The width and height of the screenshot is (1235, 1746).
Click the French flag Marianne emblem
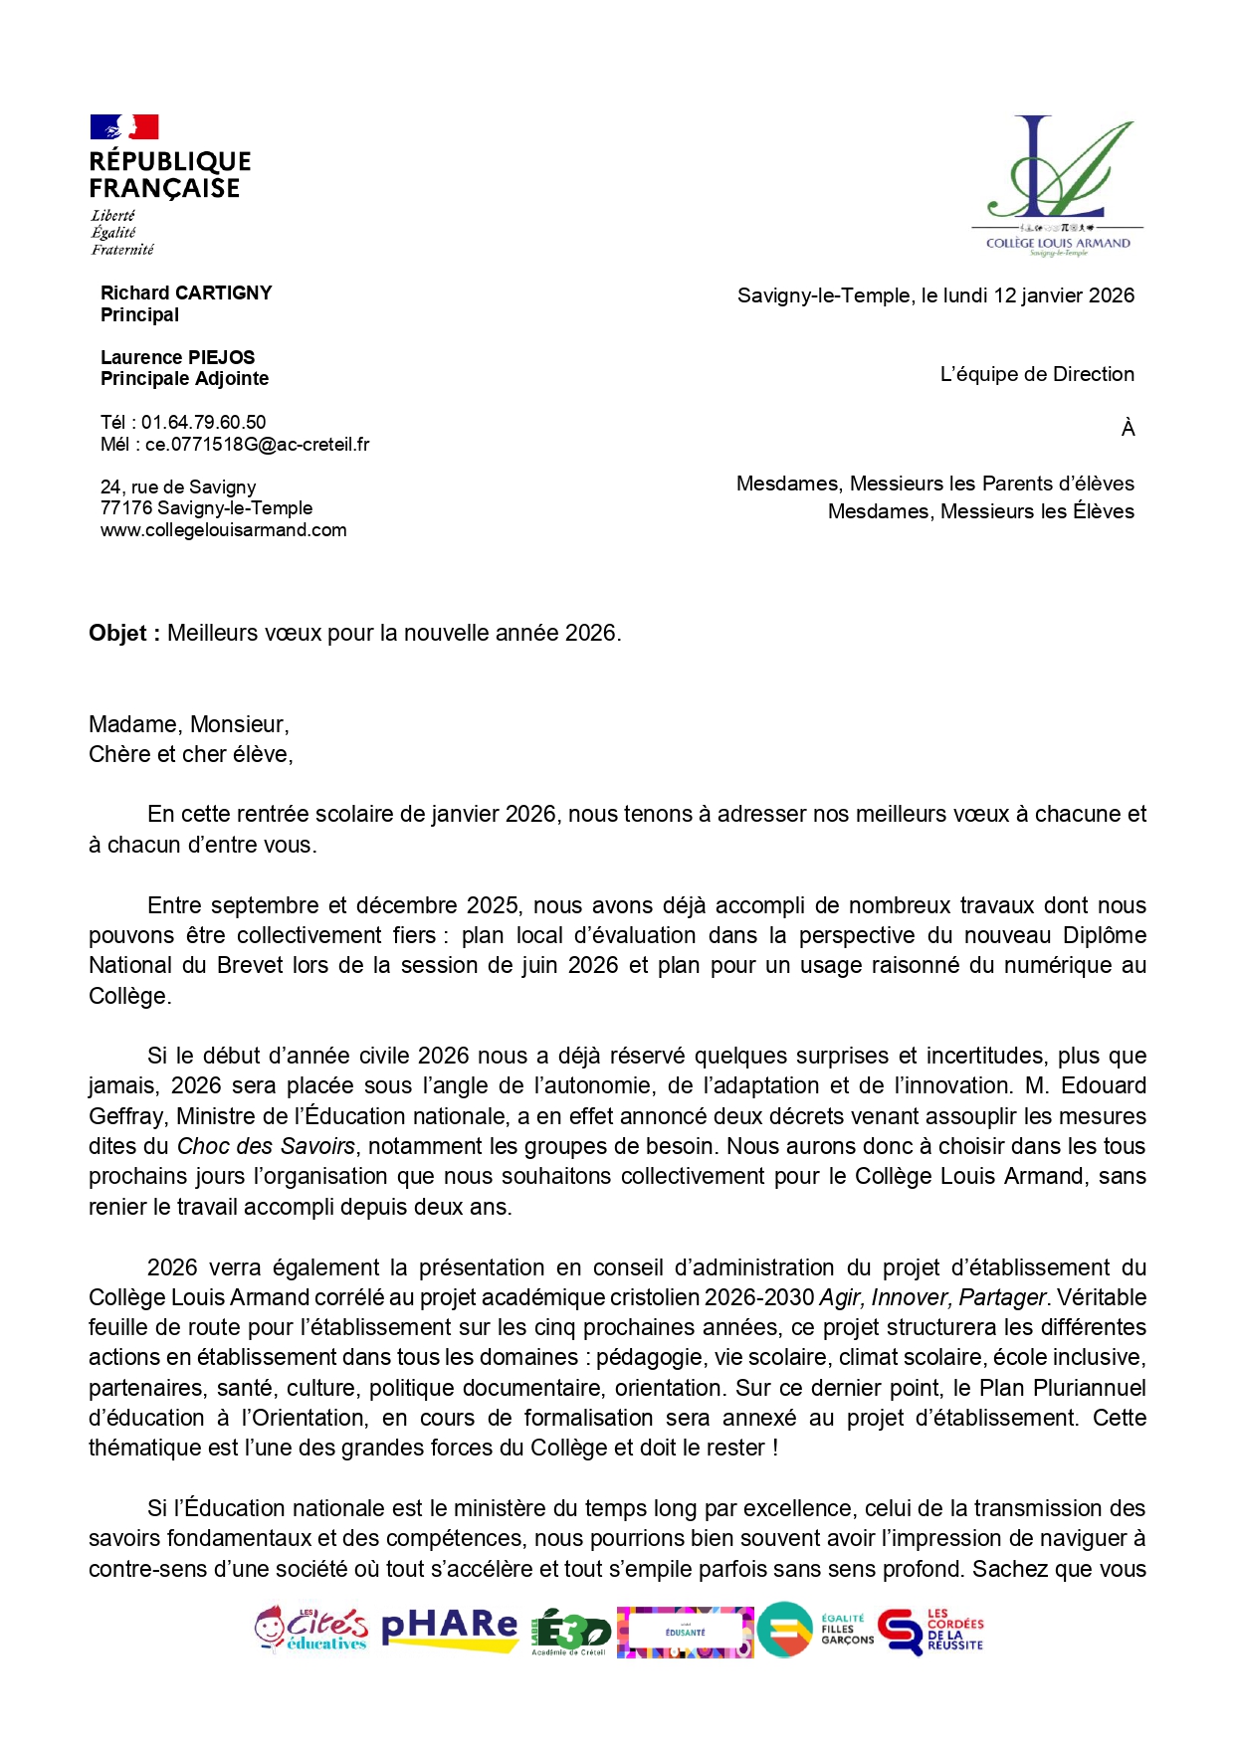[x=124, y=127]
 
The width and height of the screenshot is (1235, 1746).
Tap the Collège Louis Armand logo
[x=1058, y=184]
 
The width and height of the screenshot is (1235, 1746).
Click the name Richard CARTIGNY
[x=186, y=292]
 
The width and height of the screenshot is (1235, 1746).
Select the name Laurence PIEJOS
[x=177, y=357]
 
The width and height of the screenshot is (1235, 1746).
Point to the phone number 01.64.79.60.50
[x=203, y=422]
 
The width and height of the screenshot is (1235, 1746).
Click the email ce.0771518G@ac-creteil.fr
[x=257, y=445]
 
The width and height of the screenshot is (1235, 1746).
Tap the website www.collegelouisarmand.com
[x=223, y=530]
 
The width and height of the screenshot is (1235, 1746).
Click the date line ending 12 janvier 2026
[x=935, y=295]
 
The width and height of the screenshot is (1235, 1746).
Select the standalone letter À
[x=1128, y=429]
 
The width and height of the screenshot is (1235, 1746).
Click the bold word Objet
[x=117, y=634]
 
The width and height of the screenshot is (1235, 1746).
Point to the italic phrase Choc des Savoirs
[x=266, y=1146]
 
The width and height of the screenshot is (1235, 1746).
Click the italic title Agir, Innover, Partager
[x=931, y=1297]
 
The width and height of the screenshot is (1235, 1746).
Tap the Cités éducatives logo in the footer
[x=310, y=1630]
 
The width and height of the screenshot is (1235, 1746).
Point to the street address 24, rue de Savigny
[x=178, y=486]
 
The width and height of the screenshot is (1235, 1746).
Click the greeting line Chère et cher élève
[x=190, y=754]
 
